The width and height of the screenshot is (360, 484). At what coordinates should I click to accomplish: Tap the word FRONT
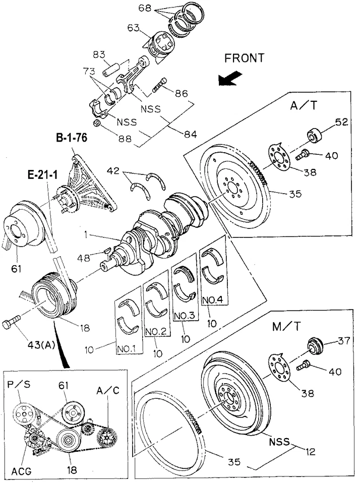(245, 58)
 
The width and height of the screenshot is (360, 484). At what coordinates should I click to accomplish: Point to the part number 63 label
(133, 28)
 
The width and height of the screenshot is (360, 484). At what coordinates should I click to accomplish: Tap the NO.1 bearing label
(130, 348)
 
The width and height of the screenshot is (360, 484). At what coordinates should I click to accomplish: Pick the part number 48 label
(84, 258)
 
